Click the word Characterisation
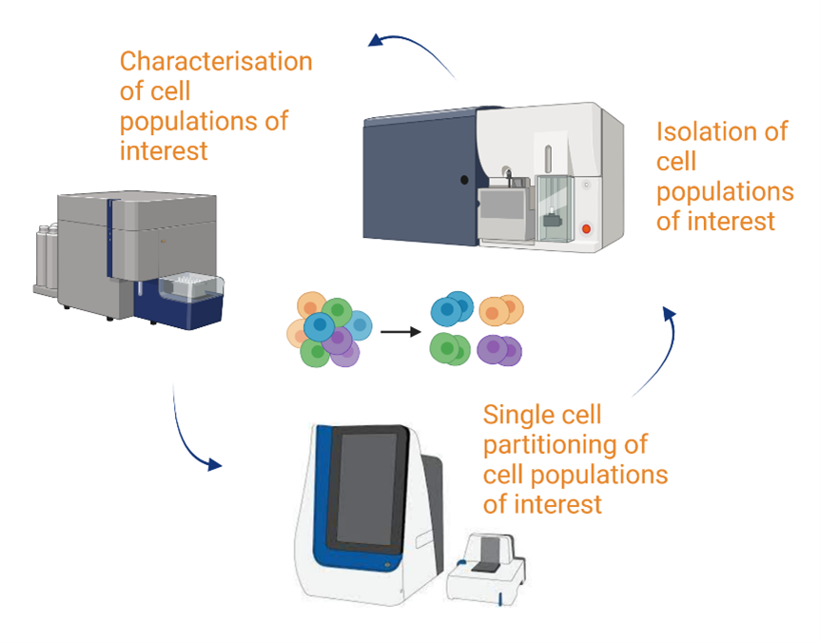coord(216,61)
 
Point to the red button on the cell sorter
coord(586,229)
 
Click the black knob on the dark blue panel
coord(464,180)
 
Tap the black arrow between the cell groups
coord(400,332)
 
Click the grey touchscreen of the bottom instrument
coord(367,489)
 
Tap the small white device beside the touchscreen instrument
coord(486,570)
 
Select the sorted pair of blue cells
coord(452,308)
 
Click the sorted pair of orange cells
coord(501,310)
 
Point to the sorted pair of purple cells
coord(499,350)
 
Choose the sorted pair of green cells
coord(450,349)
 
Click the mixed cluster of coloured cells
coord(329,329)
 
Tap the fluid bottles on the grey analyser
coord(47,256)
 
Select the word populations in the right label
coord(725,192)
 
